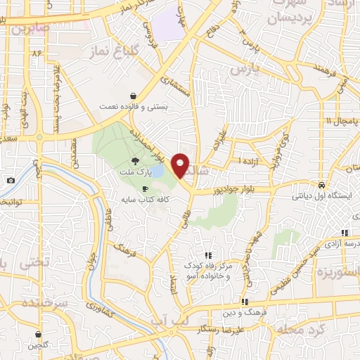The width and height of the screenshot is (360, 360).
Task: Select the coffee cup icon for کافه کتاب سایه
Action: click(145, 188)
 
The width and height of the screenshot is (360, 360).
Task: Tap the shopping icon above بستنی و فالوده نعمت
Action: click(133, 96)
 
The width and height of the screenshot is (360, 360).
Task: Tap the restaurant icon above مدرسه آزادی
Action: click(345, 232)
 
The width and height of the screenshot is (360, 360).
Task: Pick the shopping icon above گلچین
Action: click(38, 334)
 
